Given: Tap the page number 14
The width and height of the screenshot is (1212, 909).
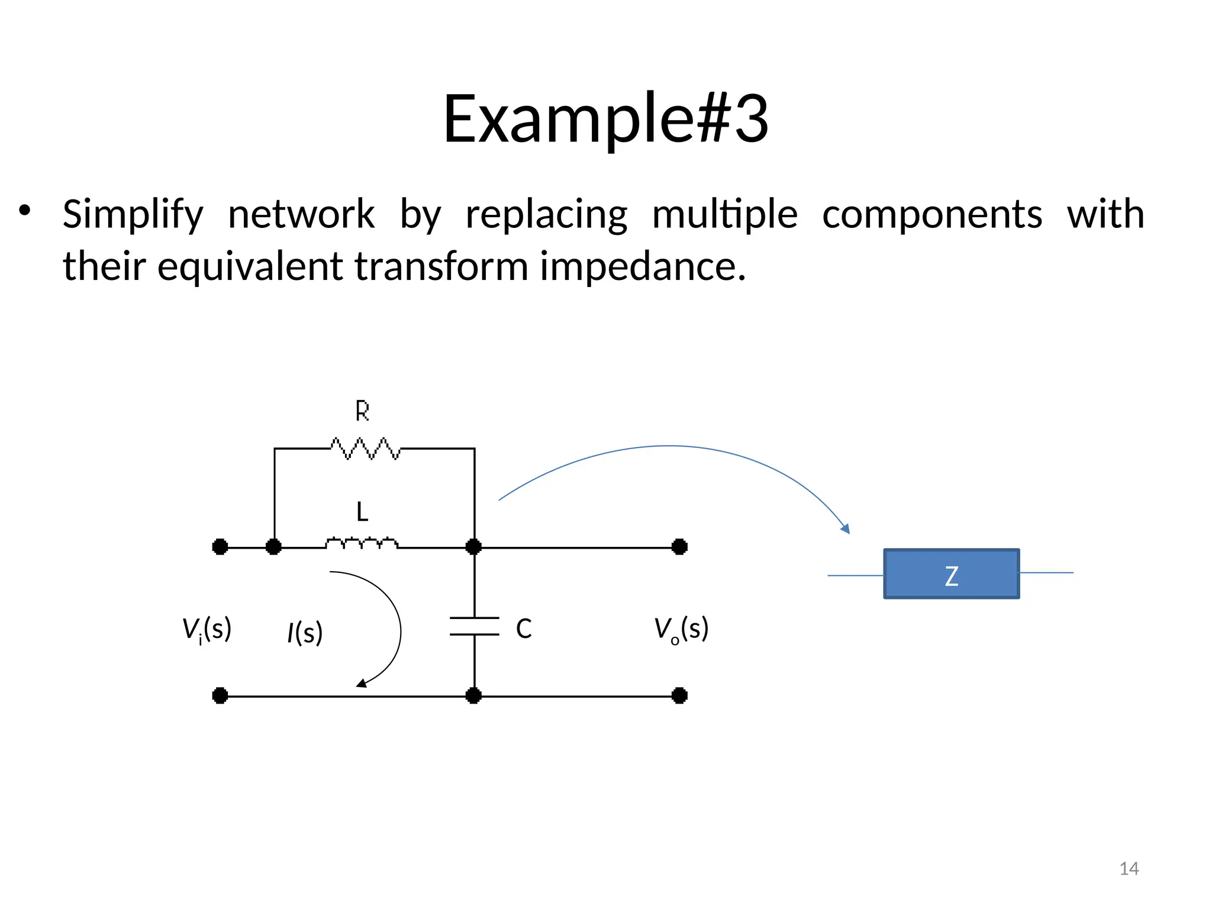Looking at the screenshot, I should (x=1129, y=869).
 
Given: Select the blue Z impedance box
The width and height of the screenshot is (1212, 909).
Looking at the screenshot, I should (x=951, y=574).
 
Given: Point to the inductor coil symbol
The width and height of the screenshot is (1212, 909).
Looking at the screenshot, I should (x=362, y=543).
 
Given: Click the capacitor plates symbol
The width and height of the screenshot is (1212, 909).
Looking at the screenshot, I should (x=474, y=626).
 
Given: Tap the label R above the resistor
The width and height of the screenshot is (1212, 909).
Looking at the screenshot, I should (x=362, y=411).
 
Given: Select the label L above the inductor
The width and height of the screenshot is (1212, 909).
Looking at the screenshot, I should (x=362, y=512).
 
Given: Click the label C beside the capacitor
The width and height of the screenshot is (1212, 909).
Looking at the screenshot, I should (x=524, y=628).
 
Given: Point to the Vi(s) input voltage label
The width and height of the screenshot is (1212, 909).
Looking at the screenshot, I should (x=207, y=630).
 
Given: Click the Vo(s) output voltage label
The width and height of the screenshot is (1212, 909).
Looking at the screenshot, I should (x=681, y=630).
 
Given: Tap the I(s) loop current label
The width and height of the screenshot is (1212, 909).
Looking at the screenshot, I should (x=305, y=633).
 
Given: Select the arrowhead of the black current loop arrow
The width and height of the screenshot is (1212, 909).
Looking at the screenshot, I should (x=361, y=684).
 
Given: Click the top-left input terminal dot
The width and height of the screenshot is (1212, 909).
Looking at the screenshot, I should (x=220, y=547).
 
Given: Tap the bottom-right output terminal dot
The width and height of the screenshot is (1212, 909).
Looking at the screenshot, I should (x=679, y=695).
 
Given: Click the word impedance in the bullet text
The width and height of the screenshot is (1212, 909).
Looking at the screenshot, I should (x=642, y=267).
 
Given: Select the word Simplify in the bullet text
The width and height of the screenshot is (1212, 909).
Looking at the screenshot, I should (x=133, y=214).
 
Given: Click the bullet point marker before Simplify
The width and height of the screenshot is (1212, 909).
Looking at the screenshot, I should (x=24, y=211).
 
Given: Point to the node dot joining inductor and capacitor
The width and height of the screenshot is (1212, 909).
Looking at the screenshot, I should (x=473, y=547).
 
